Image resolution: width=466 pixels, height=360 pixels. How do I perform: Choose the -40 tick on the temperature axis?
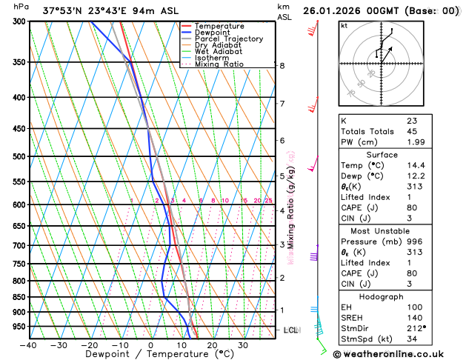click(x=29, y=345)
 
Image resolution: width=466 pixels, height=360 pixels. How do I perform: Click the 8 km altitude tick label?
click(x=282, y=65)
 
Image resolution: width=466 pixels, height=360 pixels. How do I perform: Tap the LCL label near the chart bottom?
click(x=290, y=330)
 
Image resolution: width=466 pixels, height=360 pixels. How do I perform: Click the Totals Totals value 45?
click(x=411, y=132)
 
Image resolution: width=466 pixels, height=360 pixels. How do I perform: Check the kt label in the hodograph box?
click(x=344, y=25)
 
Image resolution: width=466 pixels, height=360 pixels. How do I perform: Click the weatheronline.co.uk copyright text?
click(x=399, y=353)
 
